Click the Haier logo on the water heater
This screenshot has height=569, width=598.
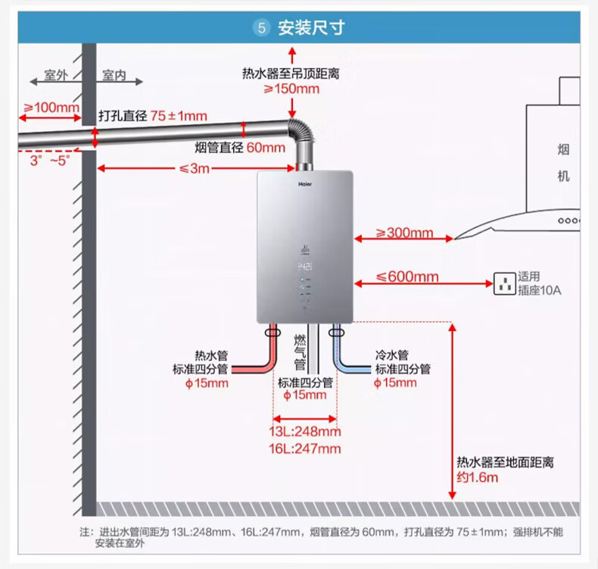click(x=305, y=184)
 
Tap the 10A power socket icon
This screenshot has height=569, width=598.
click(x=505, y=283)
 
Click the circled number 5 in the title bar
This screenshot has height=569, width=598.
click(x=262, y=28)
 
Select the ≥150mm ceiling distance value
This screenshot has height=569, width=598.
click(x=291, y=89)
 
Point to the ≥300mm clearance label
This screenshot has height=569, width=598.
click(x=404, y=233)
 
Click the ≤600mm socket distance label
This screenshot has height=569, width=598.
click(x=407, y=277)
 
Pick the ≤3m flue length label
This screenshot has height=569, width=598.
click(x=195, y=168)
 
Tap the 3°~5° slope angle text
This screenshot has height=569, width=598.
click(x=50, y=161)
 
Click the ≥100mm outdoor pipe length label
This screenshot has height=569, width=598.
click(x=51, y=108)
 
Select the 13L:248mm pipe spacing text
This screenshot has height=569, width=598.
click(x=305, y=431)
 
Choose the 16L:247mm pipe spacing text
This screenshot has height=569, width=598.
click(x=305, y=449)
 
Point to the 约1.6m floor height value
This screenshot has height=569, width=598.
click(x=478, y=477)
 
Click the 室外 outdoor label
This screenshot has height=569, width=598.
click(x=56, y=75)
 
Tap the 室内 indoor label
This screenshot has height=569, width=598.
click(x=114, y=75)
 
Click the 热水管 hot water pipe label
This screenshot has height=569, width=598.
click(x=211, y=355)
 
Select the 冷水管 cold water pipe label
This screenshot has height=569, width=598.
click(x=391, y=355)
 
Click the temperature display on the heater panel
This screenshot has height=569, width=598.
click(x=305, y=267)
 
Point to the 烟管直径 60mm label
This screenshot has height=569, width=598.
click(x=240, y=147)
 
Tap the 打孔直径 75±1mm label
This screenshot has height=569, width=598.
click(x=153, y=116)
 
